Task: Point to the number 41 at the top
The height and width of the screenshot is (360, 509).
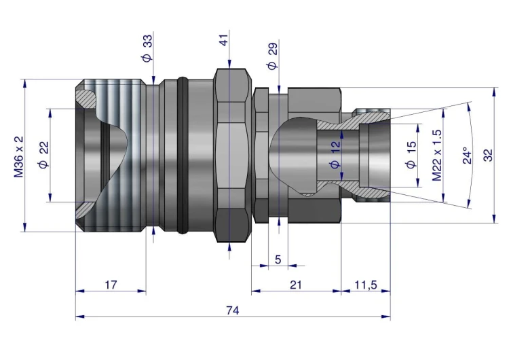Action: (224, 43)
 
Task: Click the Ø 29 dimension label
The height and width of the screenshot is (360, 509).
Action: (271, 56)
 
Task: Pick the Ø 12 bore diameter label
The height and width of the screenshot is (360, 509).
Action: (334, 156)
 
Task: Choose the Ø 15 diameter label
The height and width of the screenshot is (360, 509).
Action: (409, 156)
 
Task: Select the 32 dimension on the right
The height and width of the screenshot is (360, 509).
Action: (488, 156)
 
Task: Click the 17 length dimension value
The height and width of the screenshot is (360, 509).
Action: (111, 285)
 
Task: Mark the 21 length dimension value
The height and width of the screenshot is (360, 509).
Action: (295, 285)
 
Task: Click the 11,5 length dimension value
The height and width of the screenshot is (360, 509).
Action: (365, 285)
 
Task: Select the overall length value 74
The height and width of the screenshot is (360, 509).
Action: (232, 310)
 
